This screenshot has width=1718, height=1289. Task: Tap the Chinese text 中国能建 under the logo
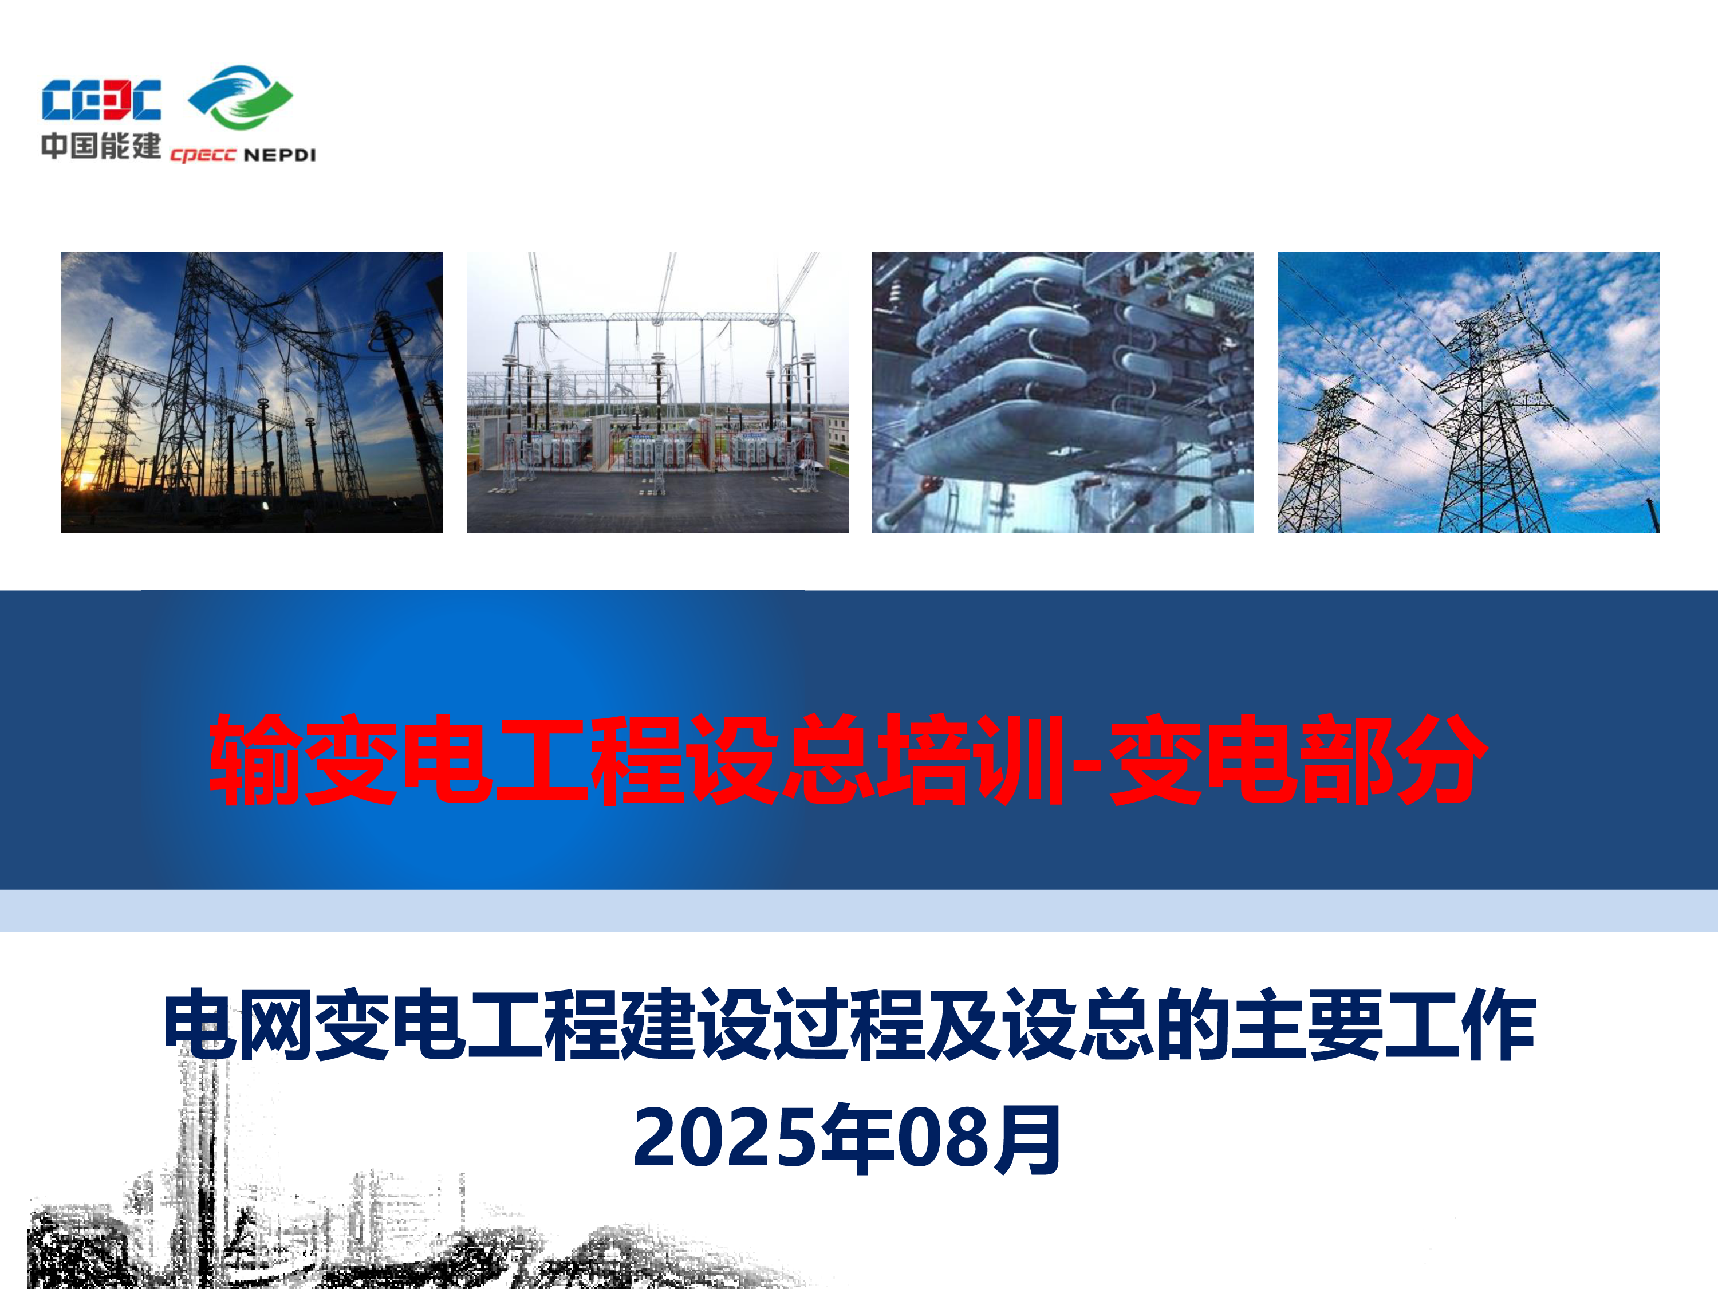tap(101, 146)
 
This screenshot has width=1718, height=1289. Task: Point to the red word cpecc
tap(203, 155)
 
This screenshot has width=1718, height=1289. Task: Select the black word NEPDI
tap(279, 155)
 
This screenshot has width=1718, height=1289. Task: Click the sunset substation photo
tap(251, 392)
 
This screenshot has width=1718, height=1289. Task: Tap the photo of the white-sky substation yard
tap(657, 392)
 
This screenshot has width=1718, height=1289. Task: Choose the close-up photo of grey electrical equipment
tap(1062, 392)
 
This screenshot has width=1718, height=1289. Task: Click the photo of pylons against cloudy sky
tap(1469, 392)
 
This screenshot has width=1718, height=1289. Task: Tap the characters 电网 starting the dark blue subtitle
tap(238, 1025)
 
